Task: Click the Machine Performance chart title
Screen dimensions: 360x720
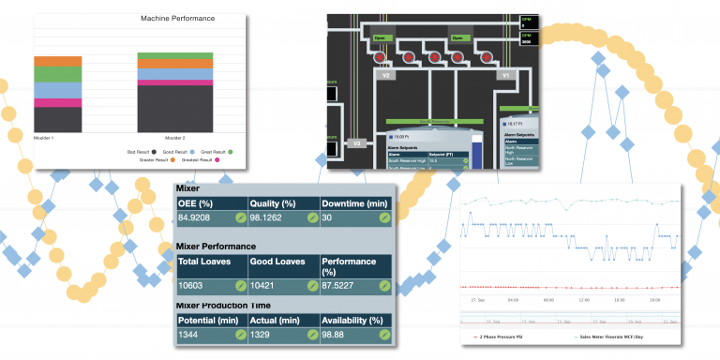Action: (177, 19)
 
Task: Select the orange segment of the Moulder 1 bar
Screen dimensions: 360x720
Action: (57, 61)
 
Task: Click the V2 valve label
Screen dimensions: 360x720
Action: (387, 74)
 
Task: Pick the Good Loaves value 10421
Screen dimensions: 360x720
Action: (268, 285)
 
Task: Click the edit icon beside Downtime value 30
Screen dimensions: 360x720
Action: (384, 217)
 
